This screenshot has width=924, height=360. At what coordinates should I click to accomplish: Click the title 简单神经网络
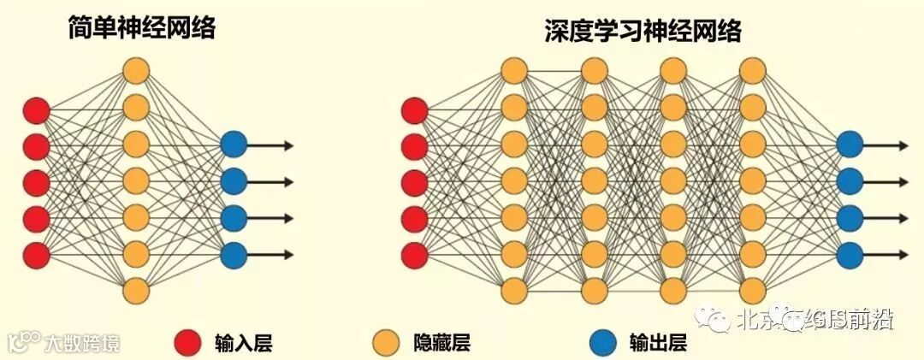pyautogui.click(x=142, y=29)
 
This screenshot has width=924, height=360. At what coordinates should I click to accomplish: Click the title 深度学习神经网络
pyautogui.click(x=643, y=32)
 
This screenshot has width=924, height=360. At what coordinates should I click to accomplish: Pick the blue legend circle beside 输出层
pyautogui.click(x=603, y=343)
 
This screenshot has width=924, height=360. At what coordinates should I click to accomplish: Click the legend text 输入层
pyautogui.click(x=243, y=344)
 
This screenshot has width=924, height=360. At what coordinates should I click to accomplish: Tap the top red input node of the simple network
pyautogui.click(x=36, y=110)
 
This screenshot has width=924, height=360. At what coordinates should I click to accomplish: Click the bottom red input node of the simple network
pyautogui.click(x=36, y=254)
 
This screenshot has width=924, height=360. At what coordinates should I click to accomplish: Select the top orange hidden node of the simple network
pyautogui.click(x=136, y=70)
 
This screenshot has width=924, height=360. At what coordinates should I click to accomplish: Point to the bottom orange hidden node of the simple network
pyautogui.click(x=136, y=290)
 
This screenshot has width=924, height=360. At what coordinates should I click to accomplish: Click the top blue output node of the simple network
pyautogui.click(x=234, y=145)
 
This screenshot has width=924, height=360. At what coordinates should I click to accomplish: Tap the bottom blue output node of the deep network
pyautogui.click(x=850, y=254)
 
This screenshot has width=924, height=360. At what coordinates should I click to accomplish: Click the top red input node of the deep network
pyautogui.click(x=415, y=110)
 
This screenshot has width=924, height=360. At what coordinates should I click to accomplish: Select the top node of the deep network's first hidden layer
pyautogui.click(x=514, y=70)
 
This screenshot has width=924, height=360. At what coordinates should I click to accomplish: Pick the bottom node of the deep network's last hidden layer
pyautogui.click(x=752, y=290)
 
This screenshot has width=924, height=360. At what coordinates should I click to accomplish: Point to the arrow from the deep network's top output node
pyautogui.click(x=885, y=145)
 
